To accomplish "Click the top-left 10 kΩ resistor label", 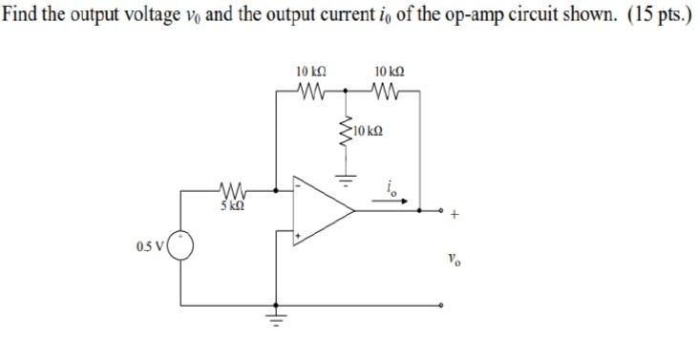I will pos(310,73).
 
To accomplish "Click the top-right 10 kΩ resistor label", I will pos(390,73).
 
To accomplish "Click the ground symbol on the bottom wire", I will pos(277,319).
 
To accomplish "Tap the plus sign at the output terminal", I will pos(455,216).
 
